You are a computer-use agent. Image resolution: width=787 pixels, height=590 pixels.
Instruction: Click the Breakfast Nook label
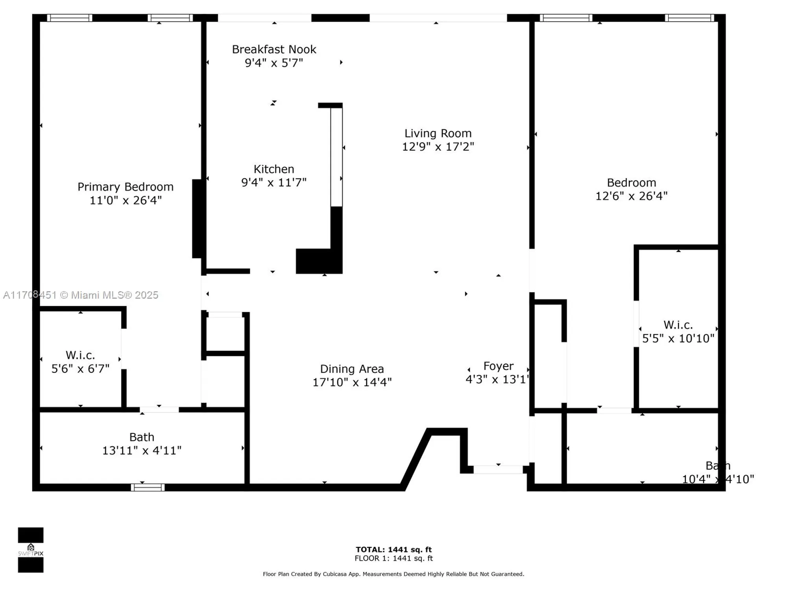[x=274, y=50]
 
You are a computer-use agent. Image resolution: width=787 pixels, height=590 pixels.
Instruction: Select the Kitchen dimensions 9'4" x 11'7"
[x=274, y=183]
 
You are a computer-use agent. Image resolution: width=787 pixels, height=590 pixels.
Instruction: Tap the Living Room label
[x=438, y=134]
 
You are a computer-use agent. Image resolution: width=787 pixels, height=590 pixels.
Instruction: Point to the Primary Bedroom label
[x=125, y=187]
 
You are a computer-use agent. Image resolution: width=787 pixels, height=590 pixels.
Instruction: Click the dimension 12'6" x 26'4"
[x=631, y=196]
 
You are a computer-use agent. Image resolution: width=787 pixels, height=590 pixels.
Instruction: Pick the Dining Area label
[x=352, y=369]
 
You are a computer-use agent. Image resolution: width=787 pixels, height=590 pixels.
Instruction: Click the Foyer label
[x=498, y=366]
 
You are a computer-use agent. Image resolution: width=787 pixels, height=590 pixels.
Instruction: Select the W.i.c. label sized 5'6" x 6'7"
[x=80, y=355]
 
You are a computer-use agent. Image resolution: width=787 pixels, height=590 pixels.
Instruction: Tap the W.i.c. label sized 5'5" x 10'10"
[x=678, y=325]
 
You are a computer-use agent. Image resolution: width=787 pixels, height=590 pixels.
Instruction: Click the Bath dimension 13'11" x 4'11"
[x=142, y=450]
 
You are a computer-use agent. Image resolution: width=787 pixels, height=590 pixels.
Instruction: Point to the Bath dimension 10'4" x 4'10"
[x=718, y=479]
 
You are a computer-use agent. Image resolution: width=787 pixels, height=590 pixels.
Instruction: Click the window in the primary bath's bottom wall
[x=148, y=488]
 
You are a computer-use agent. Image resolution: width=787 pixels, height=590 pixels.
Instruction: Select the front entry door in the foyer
[x=498, y=469]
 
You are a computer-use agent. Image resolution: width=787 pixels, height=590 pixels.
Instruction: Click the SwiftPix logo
[x=31, y=549]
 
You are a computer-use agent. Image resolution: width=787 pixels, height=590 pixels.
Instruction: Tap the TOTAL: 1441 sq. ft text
[x=393, y=549]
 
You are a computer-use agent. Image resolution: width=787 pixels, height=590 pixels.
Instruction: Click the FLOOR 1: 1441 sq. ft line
[x=393, y=558]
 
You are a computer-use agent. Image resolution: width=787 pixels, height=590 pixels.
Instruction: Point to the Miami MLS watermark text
[x=81, y=295]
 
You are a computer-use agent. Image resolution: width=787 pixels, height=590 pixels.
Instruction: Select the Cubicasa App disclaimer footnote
[x=393, y=574]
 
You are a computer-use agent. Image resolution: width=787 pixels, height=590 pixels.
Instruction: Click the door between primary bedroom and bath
[x=159, y=409]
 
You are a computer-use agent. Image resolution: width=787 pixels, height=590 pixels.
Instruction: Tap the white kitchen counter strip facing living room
[x=336, y=157]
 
